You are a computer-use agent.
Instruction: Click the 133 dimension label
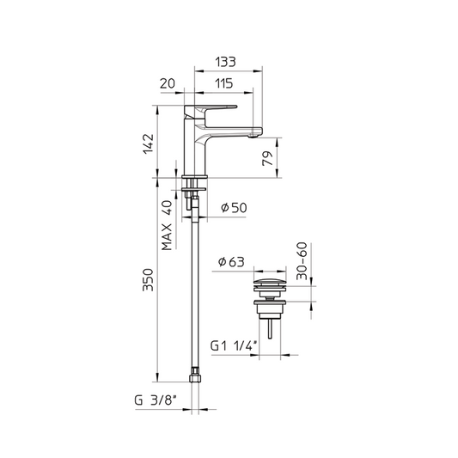[225, 62]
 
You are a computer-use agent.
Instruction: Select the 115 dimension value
[223, 83]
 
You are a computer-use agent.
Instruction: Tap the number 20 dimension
[168, 83]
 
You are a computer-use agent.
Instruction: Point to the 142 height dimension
[148, 144]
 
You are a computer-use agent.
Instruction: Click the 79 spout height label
[267, 159]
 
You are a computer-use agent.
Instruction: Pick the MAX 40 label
[167, 225]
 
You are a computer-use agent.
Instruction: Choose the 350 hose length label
[148, 279]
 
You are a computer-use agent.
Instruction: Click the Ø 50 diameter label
[234, 208]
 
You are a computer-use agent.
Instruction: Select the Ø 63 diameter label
[231, 262]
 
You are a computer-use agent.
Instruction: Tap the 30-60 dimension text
[302, 261]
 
